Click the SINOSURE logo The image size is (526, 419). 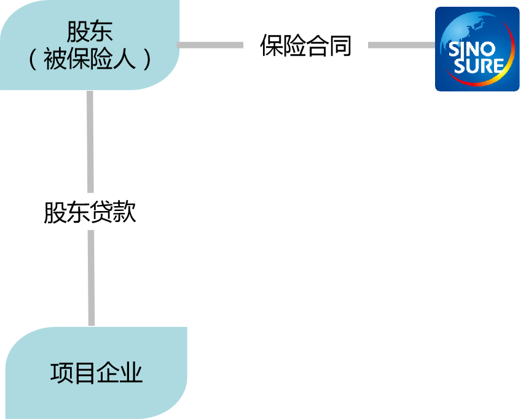[477, 49]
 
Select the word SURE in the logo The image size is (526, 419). [479, 65]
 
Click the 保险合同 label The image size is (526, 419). [305, 45]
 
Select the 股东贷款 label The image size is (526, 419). [90, 212]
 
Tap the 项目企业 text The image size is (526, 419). [96, 372]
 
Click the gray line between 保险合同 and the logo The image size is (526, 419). [401, 45]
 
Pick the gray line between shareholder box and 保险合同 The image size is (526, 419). [210, 45]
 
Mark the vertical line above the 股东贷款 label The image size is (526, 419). [90, 141]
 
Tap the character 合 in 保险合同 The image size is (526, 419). [317, 45]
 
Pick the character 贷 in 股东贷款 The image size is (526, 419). [101, 212]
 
